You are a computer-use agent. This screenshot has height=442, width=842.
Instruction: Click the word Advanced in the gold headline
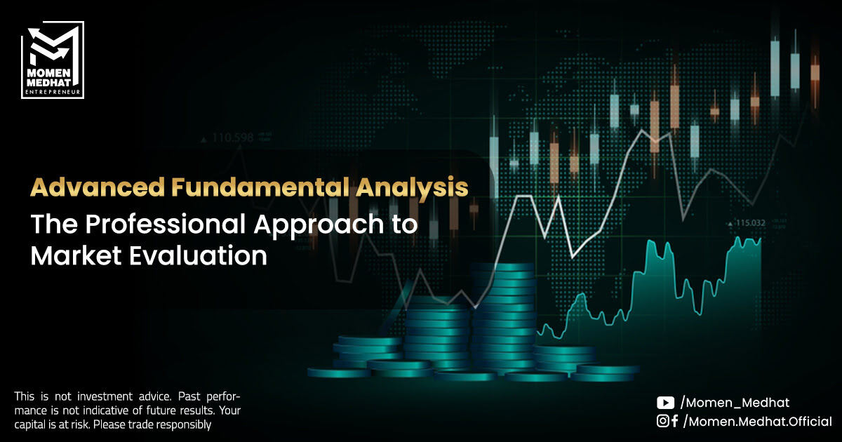(98, 187)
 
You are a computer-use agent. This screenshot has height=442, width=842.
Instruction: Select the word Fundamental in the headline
(260, 187)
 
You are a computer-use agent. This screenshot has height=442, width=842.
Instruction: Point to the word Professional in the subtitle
(166, 224)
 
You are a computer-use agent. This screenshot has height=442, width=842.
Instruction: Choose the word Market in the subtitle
(76, 256)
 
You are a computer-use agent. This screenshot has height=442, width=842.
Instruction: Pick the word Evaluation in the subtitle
(198, 256)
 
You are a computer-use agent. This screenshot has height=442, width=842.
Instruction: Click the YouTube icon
(665, 403)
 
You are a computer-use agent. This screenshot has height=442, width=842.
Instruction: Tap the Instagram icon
(662, 421)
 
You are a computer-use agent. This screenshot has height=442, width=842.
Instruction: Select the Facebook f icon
(674, 421)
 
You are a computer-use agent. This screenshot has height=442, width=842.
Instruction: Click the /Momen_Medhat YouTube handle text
(735, 403)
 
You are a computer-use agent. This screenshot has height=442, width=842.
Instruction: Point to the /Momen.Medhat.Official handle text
(758, 422)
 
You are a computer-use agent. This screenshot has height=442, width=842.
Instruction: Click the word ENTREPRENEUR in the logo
(53, 92)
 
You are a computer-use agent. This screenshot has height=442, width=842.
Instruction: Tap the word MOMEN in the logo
(49, 73)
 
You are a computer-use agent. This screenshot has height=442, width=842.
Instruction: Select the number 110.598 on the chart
(233, 138)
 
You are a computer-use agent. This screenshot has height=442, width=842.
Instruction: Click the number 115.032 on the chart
(750, 223)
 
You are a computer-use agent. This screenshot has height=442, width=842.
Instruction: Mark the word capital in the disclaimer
(30, 425)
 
